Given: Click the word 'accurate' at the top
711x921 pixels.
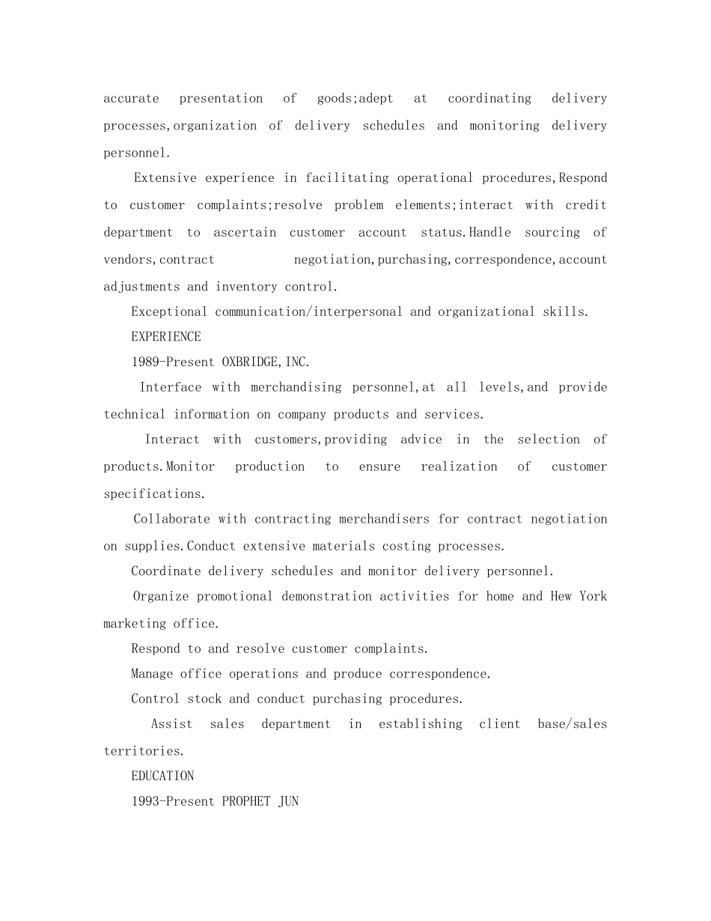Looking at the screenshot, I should (131, 99).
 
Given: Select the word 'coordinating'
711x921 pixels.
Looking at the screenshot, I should (489, 99).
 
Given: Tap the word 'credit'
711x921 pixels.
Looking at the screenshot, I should (586, 205).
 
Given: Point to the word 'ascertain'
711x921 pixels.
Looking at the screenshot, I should (245, 233).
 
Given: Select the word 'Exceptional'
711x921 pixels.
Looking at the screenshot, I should (169, 311).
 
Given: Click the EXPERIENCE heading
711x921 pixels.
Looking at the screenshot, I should (166, 337).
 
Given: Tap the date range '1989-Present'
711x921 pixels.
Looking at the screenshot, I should (173, 362).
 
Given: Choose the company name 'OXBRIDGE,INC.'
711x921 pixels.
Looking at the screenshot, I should (266, 362).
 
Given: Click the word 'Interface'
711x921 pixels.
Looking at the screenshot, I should (171, 387).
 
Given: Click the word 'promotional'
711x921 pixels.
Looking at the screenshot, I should (235, 597).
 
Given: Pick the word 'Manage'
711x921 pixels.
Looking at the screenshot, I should (152, 674).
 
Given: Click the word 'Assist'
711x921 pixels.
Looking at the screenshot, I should (171, 724).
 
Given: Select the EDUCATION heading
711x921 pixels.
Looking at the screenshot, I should (162, 776).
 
